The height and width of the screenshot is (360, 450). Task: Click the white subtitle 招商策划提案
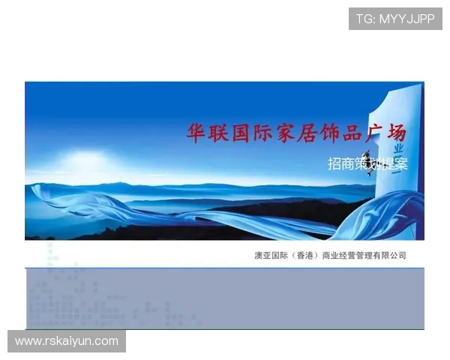click(x=367, y=164)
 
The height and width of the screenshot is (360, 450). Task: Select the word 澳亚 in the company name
click(x=263, y=256)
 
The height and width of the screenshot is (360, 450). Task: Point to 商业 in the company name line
click(x=330, y=256)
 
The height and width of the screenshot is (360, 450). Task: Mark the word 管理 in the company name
click(x=364, y=256)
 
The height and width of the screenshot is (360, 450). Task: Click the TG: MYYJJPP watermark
click(x=395, y=18)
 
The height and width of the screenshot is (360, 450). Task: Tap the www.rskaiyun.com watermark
click(x=67, y=341)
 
